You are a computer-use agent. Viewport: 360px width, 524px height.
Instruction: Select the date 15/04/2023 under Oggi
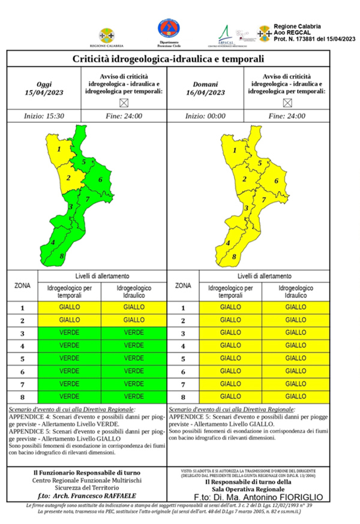tap(45, 93)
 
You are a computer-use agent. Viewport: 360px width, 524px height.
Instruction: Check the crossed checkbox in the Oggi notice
tap(124, 103)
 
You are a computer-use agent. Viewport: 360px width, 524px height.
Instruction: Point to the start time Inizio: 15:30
tap(45, 116)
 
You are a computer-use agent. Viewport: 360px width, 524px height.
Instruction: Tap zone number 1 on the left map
tap(59, 150)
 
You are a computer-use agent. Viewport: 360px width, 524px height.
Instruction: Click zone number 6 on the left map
tap(100, 180)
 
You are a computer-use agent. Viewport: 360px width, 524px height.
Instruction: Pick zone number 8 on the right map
tap(234, 257)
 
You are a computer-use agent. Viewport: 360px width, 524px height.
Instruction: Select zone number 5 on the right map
tap(260, 162)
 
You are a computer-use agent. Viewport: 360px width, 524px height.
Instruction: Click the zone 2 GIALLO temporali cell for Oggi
tap(70, 320)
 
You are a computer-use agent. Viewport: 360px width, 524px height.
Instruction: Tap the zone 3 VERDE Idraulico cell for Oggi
tap(133, 333)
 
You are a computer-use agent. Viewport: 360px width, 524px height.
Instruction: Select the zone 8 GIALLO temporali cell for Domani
tap(230, 397)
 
